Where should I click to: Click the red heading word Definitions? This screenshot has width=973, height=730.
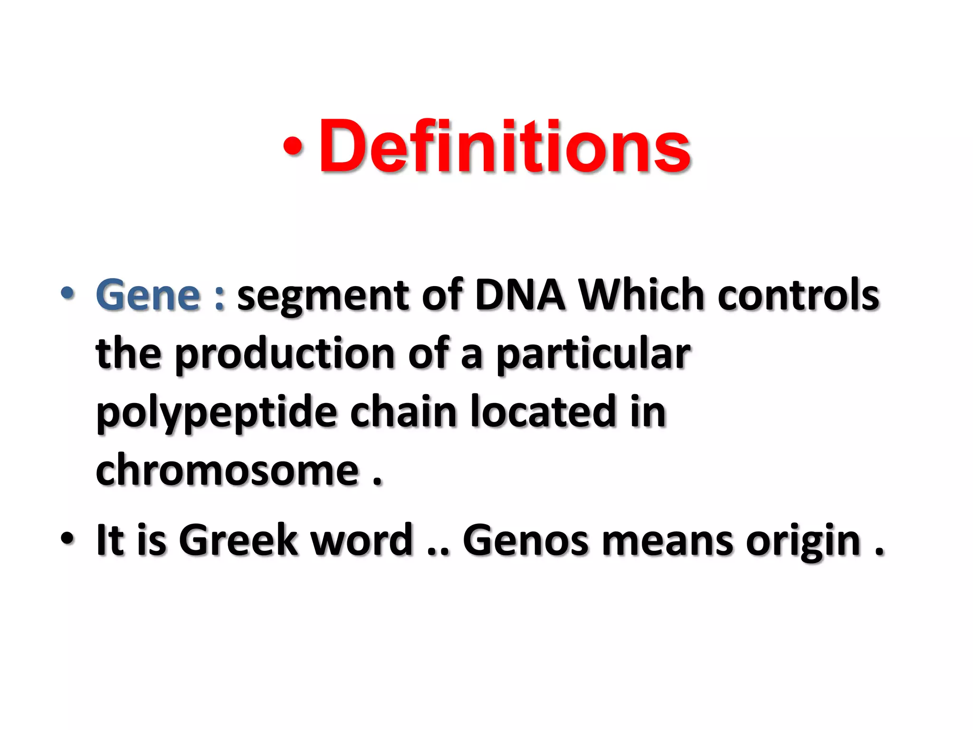505,146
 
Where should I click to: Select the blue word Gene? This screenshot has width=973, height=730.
148,295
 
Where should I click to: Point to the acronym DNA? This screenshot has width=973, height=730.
520,295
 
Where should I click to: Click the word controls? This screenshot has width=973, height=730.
798,295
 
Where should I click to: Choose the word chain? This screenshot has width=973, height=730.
403,412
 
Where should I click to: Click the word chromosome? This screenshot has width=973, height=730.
227,470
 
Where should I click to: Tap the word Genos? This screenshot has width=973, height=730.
525,539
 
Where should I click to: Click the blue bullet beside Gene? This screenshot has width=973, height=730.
67,293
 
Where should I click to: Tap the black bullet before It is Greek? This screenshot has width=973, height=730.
67,538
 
